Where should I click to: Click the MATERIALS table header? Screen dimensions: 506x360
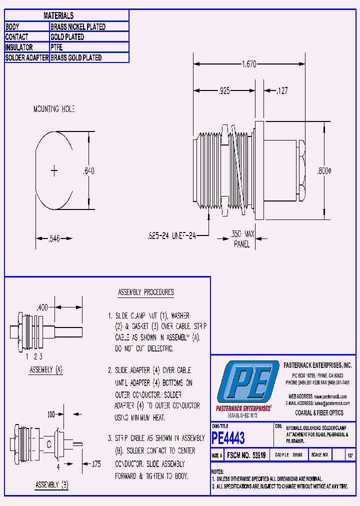(x=58, y=16)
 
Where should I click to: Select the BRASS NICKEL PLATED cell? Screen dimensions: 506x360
(x=78, y=27)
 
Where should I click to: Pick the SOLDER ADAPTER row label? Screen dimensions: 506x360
(x=27, y=58)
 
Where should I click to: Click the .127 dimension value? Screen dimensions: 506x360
(x=281, y=91)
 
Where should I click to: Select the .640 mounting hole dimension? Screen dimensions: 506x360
(x=88, y=171)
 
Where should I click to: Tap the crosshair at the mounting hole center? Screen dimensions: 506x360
(x=54, y=171)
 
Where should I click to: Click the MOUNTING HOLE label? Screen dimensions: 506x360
(x=53, y=109)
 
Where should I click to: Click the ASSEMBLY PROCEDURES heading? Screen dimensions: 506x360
(x=145, y=292)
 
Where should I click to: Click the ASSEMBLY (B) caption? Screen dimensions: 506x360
(x=51, y=485)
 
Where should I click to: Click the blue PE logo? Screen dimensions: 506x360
(x=248, y=384)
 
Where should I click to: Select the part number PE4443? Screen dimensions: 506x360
(x=228, y=438)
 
